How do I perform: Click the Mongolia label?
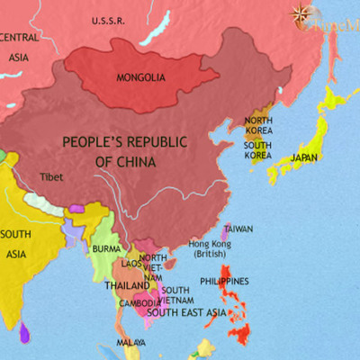point(141,77)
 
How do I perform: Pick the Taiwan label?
point(238,229)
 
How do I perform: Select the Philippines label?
point(224,282)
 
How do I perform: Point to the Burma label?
point(106,248)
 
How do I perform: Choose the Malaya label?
point(131,343)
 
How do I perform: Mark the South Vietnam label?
point(175,295)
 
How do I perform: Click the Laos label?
point(131,264)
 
